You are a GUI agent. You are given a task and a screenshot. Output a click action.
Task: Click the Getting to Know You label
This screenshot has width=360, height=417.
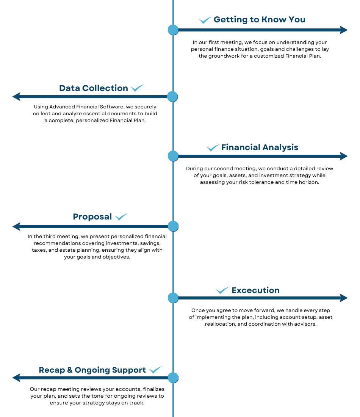click(260, 20)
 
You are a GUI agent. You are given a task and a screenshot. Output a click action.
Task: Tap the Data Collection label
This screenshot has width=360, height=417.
click(94, 88)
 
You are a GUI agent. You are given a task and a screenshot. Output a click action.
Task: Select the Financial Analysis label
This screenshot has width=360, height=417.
click(260, 147)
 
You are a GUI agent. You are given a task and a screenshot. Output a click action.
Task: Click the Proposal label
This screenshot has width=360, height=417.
click(92, 217)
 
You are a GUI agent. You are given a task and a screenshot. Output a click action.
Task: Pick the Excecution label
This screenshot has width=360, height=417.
click(256, 290)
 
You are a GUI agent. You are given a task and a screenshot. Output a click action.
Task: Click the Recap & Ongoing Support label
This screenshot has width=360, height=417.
click(92, 370)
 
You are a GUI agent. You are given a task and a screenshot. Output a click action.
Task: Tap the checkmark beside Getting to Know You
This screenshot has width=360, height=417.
click(205, 20)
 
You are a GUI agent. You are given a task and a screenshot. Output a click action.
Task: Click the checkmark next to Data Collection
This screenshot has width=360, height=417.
click(137, 88)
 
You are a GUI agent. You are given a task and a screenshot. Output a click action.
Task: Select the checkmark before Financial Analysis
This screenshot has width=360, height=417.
click(213, 148)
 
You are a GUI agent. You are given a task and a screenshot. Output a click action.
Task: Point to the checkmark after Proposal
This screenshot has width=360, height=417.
click(121, 217)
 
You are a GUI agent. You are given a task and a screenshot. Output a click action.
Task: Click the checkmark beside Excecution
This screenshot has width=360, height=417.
click(222, 290)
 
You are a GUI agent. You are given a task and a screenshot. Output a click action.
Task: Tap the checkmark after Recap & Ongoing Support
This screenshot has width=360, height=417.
click(155, 370)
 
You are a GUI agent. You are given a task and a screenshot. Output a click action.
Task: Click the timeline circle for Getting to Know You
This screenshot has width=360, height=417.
click(173, 30)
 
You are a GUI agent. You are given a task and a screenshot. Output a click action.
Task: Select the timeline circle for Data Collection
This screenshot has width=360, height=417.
click(172, 97)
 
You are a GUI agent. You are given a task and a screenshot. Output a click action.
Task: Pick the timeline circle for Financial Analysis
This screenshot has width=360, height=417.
click(173, 156)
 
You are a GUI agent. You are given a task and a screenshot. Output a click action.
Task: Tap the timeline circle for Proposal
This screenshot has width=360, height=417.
click(173, 226)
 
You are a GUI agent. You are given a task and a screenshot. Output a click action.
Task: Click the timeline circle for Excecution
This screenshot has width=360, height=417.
click(173, 298)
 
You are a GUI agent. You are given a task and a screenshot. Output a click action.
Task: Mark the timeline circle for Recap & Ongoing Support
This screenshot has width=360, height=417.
click(173, 378)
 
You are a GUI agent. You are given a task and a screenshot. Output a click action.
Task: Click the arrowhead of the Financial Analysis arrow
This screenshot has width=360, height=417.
click(344, 156)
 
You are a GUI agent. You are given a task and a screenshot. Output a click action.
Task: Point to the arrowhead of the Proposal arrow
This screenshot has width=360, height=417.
click(16, 227)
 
